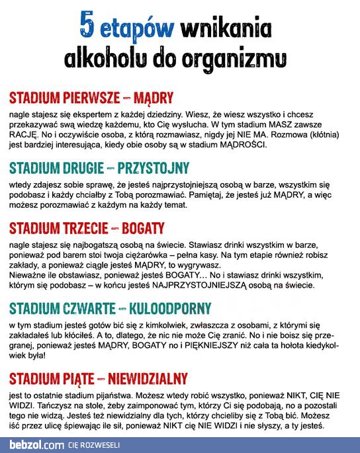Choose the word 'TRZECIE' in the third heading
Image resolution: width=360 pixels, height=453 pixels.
[81, 228]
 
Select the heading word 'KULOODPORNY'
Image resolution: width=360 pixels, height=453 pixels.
[168, 309]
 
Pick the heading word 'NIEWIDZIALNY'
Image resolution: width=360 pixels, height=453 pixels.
[147, 379]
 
